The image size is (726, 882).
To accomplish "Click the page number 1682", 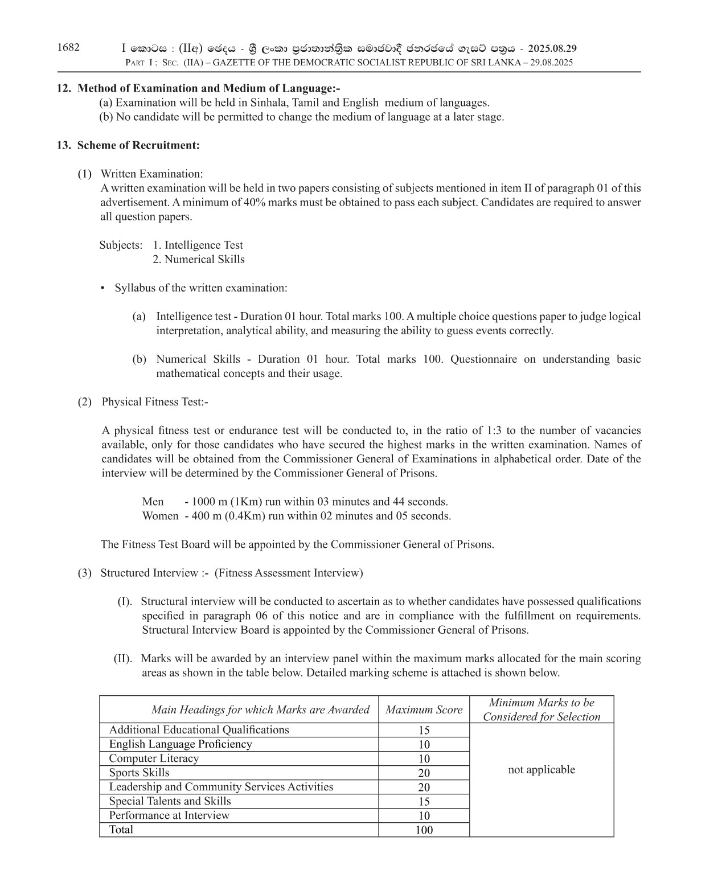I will click(68, 48).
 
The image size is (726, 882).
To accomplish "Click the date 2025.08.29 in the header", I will click(552, 49).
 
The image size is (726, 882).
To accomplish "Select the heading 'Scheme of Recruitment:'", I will click(138, 145).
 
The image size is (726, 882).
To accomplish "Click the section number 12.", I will click(63, 88).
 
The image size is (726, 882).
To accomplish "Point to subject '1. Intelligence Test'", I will click(198, 245).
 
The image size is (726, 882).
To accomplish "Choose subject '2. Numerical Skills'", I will click(199, 260).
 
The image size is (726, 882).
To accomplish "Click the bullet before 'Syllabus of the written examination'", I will click(102, 288).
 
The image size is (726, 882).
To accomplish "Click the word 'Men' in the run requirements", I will click(153, 502).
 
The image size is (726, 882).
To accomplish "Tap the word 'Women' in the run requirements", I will click(160, 516).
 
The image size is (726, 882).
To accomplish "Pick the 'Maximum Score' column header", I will click(424, 710).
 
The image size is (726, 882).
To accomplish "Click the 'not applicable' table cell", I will click(542, 770).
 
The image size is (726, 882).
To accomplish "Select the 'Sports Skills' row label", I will click(139, 773).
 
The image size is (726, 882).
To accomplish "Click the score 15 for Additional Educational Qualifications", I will click(424, 731).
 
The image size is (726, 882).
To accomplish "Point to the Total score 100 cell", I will click(424, 830).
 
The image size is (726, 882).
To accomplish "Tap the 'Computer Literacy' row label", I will click(154, 758).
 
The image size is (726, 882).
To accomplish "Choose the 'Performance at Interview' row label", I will click(169, 815).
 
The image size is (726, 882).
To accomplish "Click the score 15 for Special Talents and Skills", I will click(424, 802).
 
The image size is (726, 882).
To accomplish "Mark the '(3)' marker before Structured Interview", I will click(84, 573).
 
